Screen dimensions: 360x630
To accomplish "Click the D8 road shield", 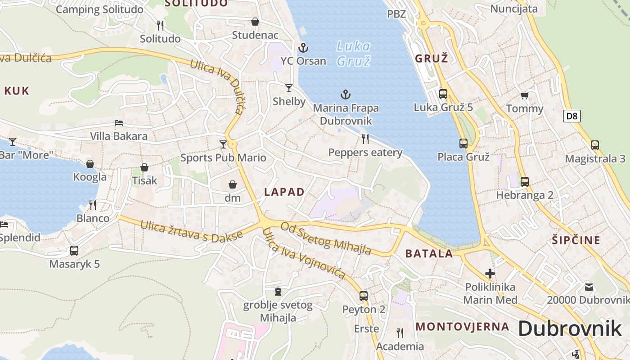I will pyautogui.click(x=571, y=116).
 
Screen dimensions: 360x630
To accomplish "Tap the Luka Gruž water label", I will pyautogui.click(x=354, y=53).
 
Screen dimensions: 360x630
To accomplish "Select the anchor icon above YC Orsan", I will pyautogui.click(x=303, y=47).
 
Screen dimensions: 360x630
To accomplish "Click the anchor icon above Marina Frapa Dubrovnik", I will pyautogui.click(x=346, y=94).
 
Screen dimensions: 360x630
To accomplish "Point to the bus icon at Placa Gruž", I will pyautogui.click(x=463, y=144).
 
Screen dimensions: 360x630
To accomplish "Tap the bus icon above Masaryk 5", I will pyautogui.click(x=74, y=251).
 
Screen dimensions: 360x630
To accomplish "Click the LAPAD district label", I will pyautogui.click(x=284, y=192).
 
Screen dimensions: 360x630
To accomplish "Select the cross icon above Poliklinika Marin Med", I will pyautogui.click(x=490, y=273).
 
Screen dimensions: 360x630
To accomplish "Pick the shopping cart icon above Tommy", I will pyautogui.click(x=524, y=95).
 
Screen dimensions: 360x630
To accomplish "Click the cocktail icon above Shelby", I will pyautogui.click(x=289, y=88).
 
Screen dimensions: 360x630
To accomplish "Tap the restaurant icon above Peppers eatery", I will pyautogui.click(x=365, y=139).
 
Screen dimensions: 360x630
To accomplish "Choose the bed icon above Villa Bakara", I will pyautogui.click(x=119, y=122).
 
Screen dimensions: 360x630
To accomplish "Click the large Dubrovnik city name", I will pyautogui.click(x=569, y=329).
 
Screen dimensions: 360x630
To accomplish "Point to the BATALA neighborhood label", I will pyautogui.click(x=429, y=253).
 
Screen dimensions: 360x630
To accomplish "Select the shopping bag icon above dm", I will pyautogui.click(x=233, y=184).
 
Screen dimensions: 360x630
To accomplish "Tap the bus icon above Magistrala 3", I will pyautogui.click(x=595, y=145).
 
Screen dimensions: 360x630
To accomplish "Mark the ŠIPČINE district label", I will pyautogui.click(x=576, y=240).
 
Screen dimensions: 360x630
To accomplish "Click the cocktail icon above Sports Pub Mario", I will pyautogui.click(x=223, y=144).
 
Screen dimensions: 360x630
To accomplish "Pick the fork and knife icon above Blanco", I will pyautogui.click(x=93, y=205).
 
